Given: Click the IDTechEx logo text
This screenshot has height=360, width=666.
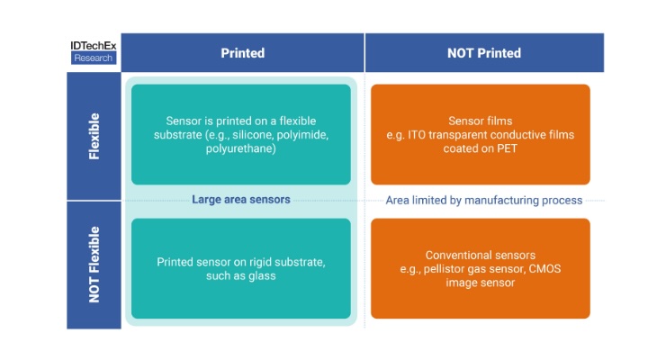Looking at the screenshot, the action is pyautogui.click(x=94, y=46).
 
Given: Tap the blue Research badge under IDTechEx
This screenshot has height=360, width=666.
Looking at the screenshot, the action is pyautogui.click(x=94, y=58).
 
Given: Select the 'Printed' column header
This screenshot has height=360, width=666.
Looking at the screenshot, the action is pyautogui.click(x=242, y=53).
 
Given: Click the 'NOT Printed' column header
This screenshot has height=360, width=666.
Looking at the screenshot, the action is pyautogui.click(x=484, y=53).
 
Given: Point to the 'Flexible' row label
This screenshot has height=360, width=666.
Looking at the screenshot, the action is pyautogui.click(x=94, y=136).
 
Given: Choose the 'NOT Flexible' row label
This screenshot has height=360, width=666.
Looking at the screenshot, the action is pyautogui.click(x=94, y=265).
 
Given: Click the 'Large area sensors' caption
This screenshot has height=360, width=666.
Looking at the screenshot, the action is pyautogui.click(x=241, y=200).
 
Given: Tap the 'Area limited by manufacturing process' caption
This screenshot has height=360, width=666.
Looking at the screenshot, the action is pyautogui.click(x=484, y=200).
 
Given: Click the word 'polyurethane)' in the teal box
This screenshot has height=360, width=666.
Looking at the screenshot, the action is pyautogui.click(x=241, y=148).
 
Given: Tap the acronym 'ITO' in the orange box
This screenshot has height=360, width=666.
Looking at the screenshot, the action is pyautogui.click(x=416, y=135).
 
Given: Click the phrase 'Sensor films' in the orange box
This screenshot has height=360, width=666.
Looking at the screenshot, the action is pyautogui.click(x=481, y=121).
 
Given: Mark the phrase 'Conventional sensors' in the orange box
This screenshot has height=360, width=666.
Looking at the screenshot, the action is pyautogui.click(x=481, y=255).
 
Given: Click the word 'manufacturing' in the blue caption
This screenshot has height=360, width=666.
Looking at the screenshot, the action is pyautogui.click(x=500, y=201).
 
